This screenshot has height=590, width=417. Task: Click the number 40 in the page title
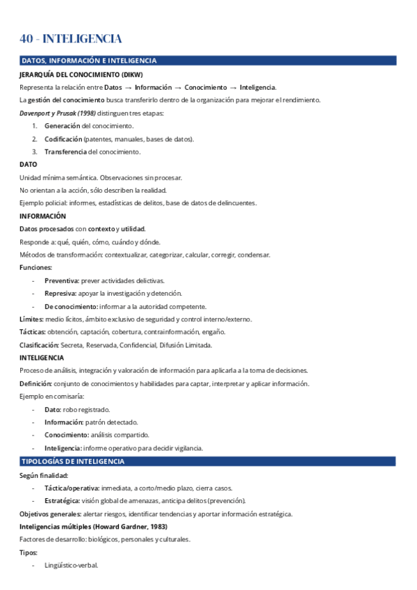[28, 39]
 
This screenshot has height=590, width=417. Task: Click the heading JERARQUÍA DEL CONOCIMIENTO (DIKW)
[82, 74]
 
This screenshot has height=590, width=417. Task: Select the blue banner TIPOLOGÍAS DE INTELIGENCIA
[73, 461]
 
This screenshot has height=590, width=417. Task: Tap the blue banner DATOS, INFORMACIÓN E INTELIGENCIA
[89, 61]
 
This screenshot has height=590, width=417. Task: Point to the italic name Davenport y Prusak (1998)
[57, 113]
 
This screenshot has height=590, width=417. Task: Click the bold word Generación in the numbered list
[63, 126]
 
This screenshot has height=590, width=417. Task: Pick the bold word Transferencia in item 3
[65, 152]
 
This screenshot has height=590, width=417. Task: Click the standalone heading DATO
[28, 164]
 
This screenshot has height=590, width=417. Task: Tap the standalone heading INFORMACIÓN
[42, 216]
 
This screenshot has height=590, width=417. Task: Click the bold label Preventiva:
[62, 280]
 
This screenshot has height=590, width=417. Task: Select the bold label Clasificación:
[39, 344]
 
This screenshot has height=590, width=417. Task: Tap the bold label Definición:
[35, 383]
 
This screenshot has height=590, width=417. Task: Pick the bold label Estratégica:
[64, 500]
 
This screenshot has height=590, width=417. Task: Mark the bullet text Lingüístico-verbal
[72, 565]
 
